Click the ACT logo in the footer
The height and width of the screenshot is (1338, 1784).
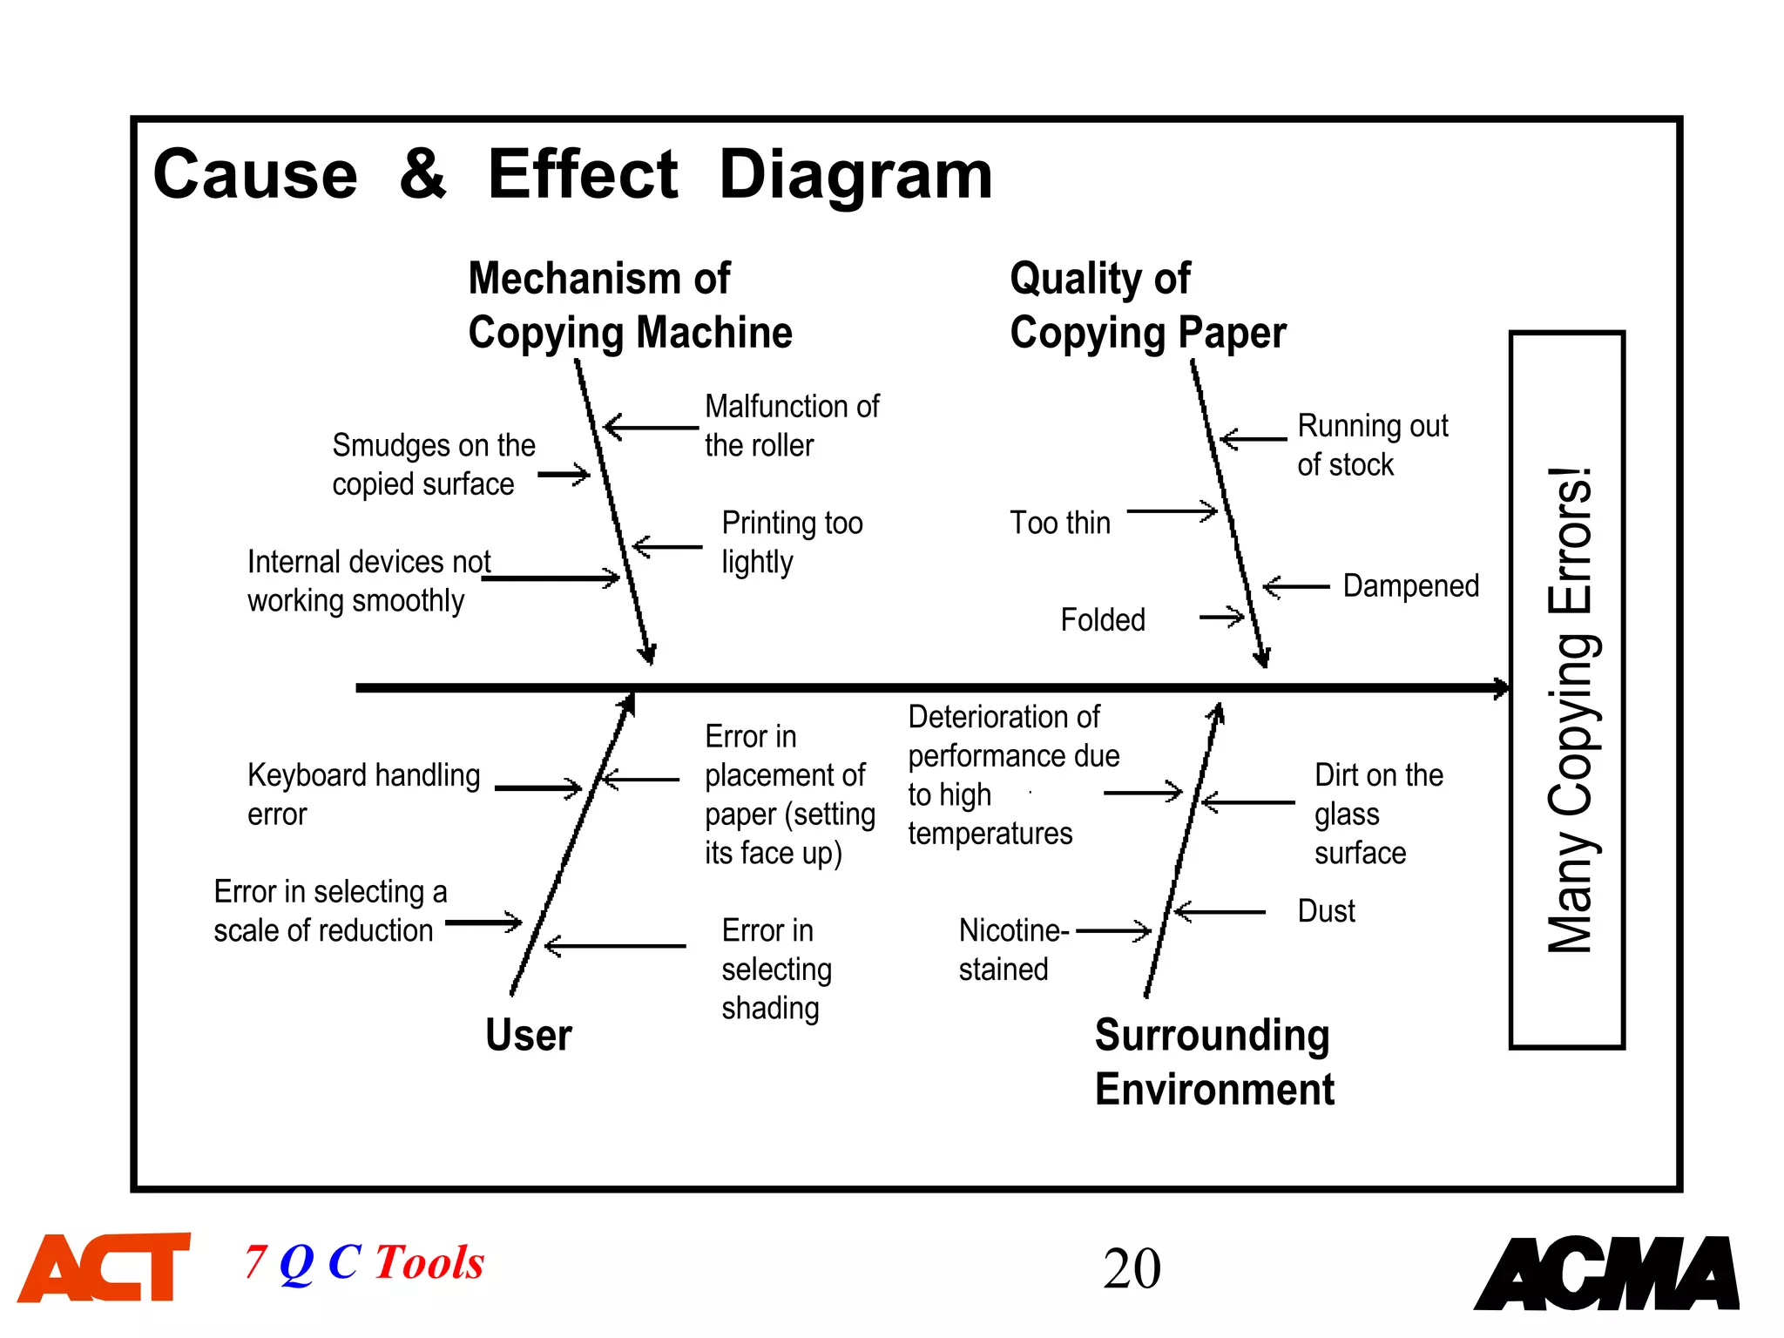[x=105, y=1267]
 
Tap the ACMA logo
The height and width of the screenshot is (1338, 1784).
[x=1607, y=1273]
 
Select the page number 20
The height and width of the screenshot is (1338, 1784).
[x=1132, y=1268]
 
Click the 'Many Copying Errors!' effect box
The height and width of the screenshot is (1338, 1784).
[x=1567, y=690]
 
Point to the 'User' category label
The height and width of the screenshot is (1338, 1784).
[x=529, y=1035]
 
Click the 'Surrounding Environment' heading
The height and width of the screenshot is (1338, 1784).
[x=1214, y=1062]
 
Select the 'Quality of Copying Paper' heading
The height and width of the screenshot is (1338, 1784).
[x=1147, y=306]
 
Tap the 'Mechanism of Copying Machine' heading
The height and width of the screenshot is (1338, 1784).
[x=630, y=306]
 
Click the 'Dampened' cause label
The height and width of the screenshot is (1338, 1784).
[x=1411, y=586]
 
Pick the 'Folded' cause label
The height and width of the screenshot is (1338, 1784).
[x=1103, y=620]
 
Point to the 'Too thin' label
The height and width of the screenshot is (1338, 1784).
[x=1060, y=523]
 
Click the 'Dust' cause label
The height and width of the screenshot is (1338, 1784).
[x=1326, y=911]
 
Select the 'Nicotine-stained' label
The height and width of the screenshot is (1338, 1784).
[x=1013, y=949]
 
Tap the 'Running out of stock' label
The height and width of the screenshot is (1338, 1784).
[x=1372, y=445]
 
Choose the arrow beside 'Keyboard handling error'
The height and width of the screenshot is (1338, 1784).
[x=537, y=788]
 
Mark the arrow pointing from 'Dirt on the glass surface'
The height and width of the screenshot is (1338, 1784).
[x=1247, y=802]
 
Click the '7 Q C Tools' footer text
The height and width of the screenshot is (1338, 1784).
[x=364, y=1262]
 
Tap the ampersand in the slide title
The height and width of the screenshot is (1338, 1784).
[x=422, y=173]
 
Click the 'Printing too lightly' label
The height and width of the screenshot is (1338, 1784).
[x=792, y=542]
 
